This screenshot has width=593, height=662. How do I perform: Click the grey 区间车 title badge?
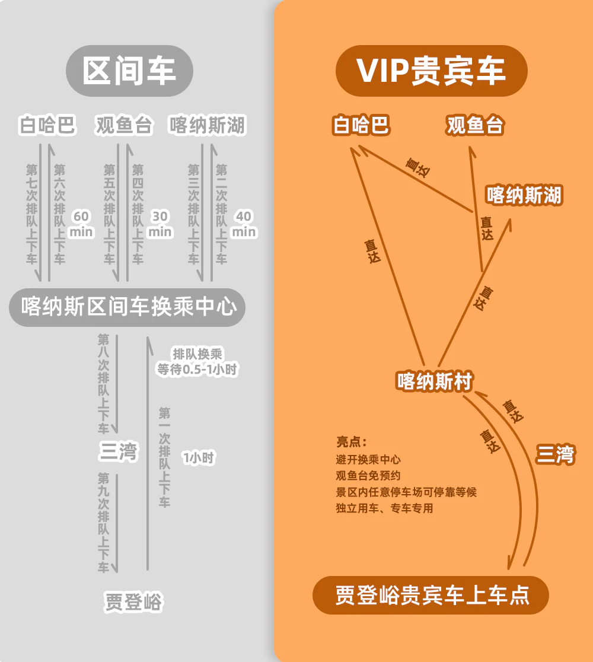[x=129, y=71]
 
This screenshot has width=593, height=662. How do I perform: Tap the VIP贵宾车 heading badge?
[x=431, y=71]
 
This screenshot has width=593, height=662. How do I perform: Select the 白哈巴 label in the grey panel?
[x=47, y=126]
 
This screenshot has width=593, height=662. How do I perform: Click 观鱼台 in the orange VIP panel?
[x=475, y=126]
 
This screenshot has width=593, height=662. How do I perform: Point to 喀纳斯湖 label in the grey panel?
[x=207, y=126]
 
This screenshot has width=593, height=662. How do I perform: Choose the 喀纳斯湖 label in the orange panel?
[x=524, y=195]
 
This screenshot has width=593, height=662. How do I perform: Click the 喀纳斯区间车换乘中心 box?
[x=128, y=307]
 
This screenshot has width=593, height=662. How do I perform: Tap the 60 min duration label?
[x=81, y=224]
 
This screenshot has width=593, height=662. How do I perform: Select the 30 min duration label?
[x=160, y=224]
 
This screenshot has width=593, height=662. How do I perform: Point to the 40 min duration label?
[x=243, y=224]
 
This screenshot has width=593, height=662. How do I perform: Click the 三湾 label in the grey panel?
[x=118, y=452]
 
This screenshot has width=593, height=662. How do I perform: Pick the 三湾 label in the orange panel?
[x=556, y=455]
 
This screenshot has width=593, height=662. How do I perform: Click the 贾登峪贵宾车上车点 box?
[x=431, y=595]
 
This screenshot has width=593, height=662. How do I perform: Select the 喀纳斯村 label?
[x=434, y=381]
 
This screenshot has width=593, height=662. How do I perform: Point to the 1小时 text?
[x=199, y=457]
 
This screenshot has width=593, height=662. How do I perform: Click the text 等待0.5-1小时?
[x=197, y=369]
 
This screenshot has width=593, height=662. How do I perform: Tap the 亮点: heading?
[x=352, y=443]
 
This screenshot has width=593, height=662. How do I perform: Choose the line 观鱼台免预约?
[x=368, y=476]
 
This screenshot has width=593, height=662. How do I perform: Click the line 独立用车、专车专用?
[x=384, y=508]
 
